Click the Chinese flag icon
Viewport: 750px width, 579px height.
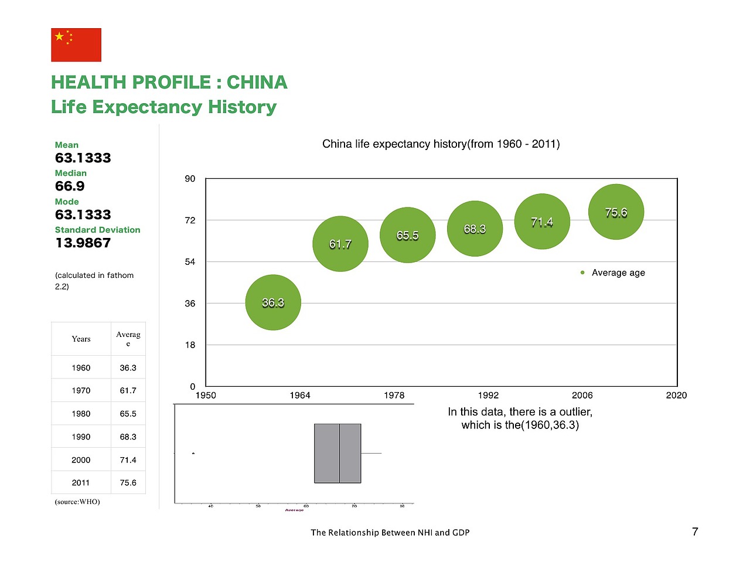76,45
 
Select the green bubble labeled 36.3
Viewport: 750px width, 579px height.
273,302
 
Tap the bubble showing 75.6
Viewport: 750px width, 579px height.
616,212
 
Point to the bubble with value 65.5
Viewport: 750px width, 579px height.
408,235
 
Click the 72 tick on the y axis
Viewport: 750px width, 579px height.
190,220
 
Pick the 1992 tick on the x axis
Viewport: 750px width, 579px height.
488,396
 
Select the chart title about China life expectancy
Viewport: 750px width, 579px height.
441,144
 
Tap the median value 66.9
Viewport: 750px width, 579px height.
70,186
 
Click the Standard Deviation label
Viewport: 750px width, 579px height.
97,230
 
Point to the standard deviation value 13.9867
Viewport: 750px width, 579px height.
83,243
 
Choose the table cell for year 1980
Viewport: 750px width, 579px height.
81,414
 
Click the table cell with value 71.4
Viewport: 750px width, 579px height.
128,460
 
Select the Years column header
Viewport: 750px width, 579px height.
81,339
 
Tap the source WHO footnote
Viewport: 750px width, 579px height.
77,502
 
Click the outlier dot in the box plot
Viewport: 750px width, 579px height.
193,453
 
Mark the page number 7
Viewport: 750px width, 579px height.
695,532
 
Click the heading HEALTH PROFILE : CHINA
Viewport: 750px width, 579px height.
169,82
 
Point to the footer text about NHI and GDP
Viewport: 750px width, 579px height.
390,533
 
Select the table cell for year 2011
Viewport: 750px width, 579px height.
81,483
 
